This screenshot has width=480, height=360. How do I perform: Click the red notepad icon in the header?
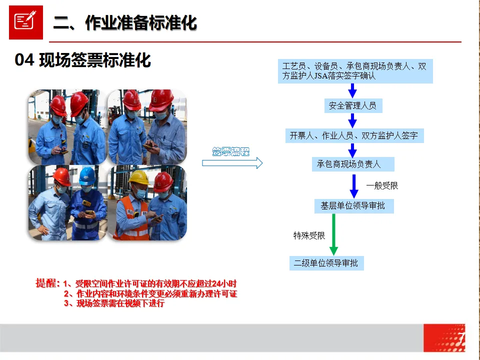pos(25,22)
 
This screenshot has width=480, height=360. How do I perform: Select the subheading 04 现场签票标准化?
pos(83,60)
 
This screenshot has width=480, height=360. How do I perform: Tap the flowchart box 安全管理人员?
pos(352,105)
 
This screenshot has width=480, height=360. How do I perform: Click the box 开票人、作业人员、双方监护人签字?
pos(354,135)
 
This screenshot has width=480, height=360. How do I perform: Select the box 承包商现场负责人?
pos(352,164)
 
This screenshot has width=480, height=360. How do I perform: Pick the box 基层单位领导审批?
pos(353,205)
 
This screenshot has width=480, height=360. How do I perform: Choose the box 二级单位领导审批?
pos(326,263)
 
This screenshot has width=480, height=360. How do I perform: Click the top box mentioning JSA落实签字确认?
pos(355,71)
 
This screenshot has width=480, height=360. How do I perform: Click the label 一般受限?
pos(382,185)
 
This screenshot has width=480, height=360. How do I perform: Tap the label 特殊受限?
pos(309,235)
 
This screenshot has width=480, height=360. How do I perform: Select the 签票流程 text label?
pos(230,151)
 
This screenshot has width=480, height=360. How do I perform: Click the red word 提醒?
pos(47,283)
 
